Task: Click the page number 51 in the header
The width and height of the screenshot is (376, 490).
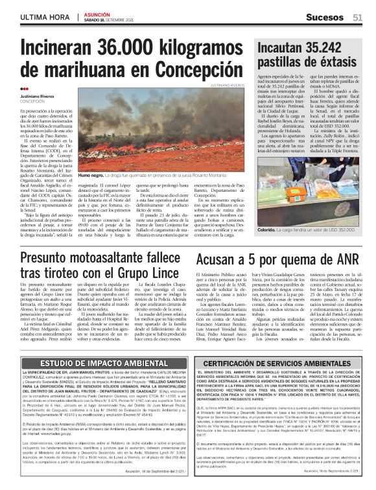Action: (357, 17)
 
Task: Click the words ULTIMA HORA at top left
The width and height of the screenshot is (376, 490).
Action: (44, 17)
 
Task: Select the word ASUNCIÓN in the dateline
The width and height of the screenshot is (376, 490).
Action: (95, 14)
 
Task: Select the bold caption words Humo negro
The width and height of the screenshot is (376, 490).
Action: (90, 176)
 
